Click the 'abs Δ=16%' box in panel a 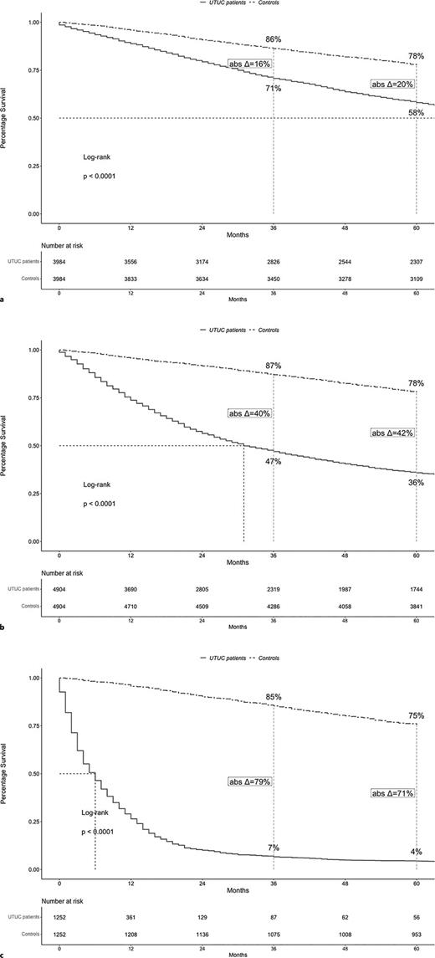[x=250, y=64]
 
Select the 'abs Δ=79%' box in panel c [x=250, y=781]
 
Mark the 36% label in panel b [x=416, y=482]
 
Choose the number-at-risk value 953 [x=417, y=930]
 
